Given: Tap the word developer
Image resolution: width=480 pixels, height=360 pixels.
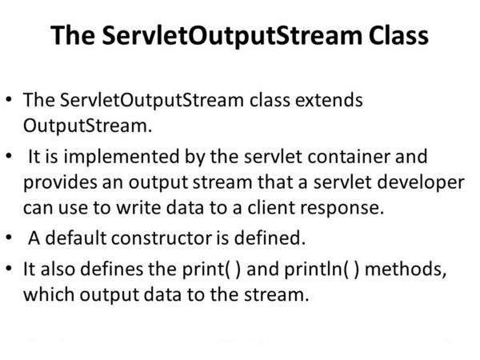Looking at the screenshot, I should [x=425, y=182].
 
